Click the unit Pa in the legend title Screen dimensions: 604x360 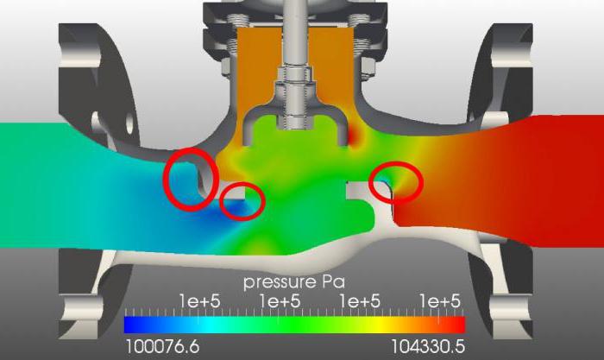tap(333, 281)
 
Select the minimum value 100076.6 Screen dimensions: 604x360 tap(162, 347)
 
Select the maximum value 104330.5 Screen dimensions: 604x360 tap(428, 347)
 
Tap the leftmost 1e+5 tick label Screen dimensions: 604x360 tap(200, 301)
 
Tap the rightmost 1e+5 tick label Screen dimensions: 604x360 tap(440, 301)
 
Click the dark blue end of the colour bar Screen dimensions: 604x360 tap(131, 325)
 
